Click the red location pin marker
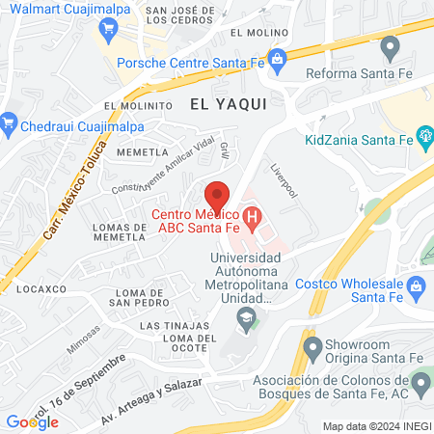coord(218,193)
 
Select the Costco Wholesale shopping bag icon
coord(417,285)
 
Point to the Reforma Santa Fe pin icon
coord(390,45)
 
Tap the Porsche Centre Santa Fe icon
coord(277,58)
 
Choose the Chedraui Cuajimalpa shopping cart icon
coord(10,122)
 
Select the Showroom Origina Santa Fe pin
coord(312,346)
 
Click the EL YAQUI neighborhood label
coord(227,101)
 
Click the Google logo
coord(32,421)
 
